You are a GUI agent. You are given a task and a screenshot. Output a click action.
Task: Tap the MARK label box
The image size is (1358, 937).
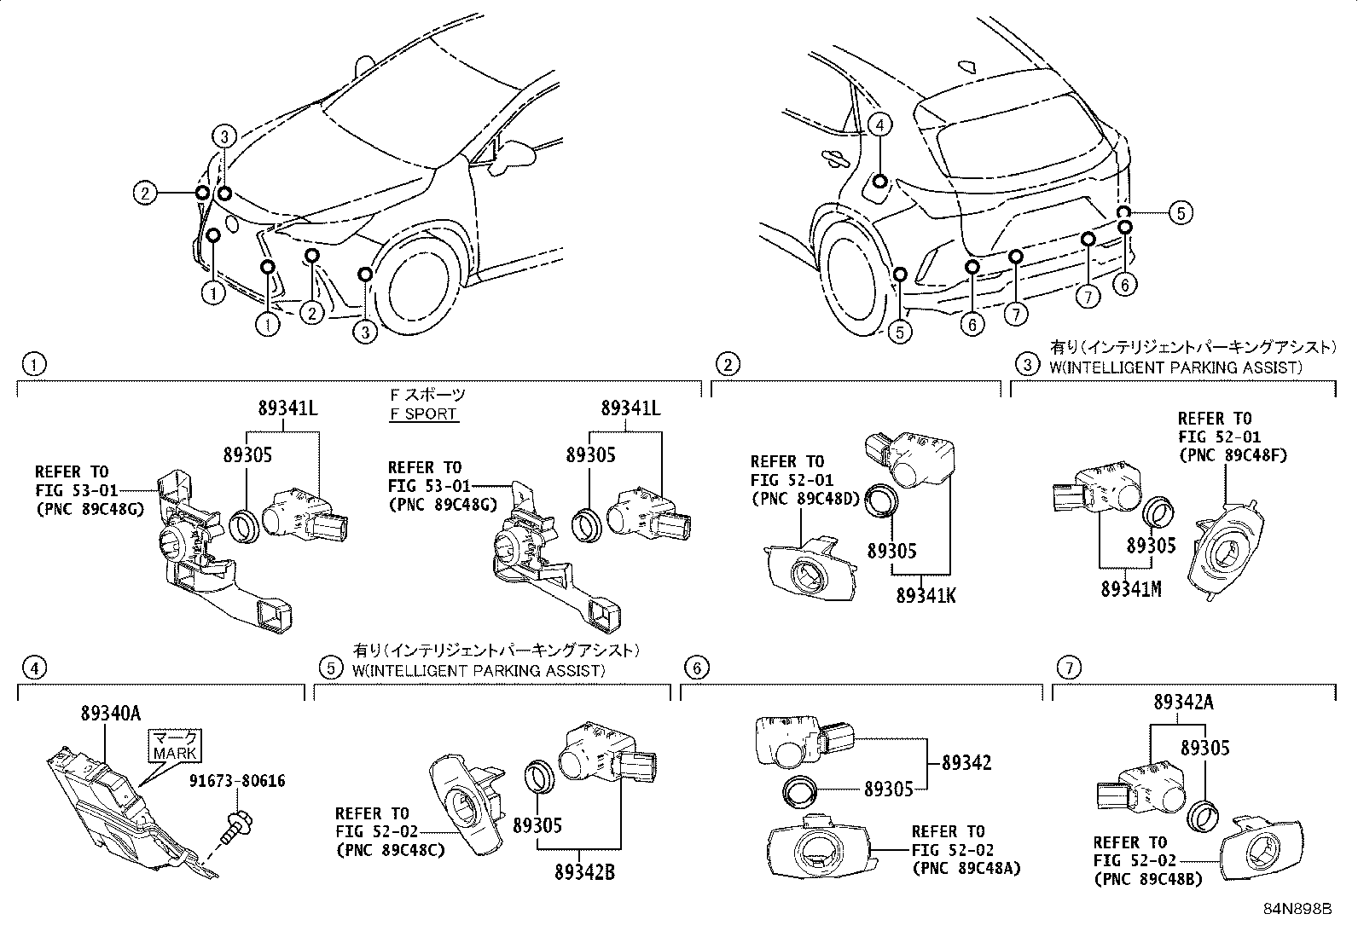coord(175,744)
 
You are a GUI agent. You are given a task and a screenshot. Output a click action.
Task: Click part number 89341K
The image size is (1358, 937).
coord(926,595)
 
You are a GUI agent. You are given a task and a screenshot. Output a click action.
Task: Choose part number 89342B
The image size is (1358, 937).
coord(584,871)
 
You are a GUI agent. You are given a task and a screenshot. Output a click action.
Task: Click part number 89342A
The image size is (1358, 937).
coord(1183,703)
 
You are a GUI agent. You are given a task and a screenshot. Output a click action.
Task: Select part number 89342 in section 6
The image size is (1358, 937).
coord(966,762)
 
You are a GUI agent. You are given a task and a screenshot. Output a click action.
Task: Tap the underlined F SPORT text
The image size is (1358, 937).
coord(423,414)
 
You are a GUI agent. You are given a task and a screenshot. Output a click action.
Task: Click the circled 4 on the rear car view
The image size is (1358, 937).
coord(881,126)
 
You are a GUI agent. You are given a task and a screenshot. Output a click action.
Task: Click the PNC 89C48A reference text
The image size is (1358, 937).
coord(966,869)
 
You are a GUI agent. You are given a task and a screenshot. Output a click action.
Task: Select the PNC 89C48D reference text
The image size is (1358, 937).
coord(805,500)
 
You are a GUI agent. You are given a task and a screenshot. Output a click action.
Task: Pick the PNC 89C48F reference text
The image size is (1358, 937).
coord(1232,455)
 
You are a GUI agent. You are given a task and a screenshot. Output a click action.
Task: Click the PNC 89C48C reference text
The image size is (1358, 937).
coord(391,850)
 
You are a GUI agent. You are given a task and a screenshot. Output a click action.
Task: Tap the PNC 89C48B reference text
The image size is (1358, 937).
coord(1147,880)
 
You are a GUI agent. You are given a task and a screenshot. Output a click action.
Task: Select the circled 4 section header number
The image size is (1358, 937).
coord(33,668)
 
